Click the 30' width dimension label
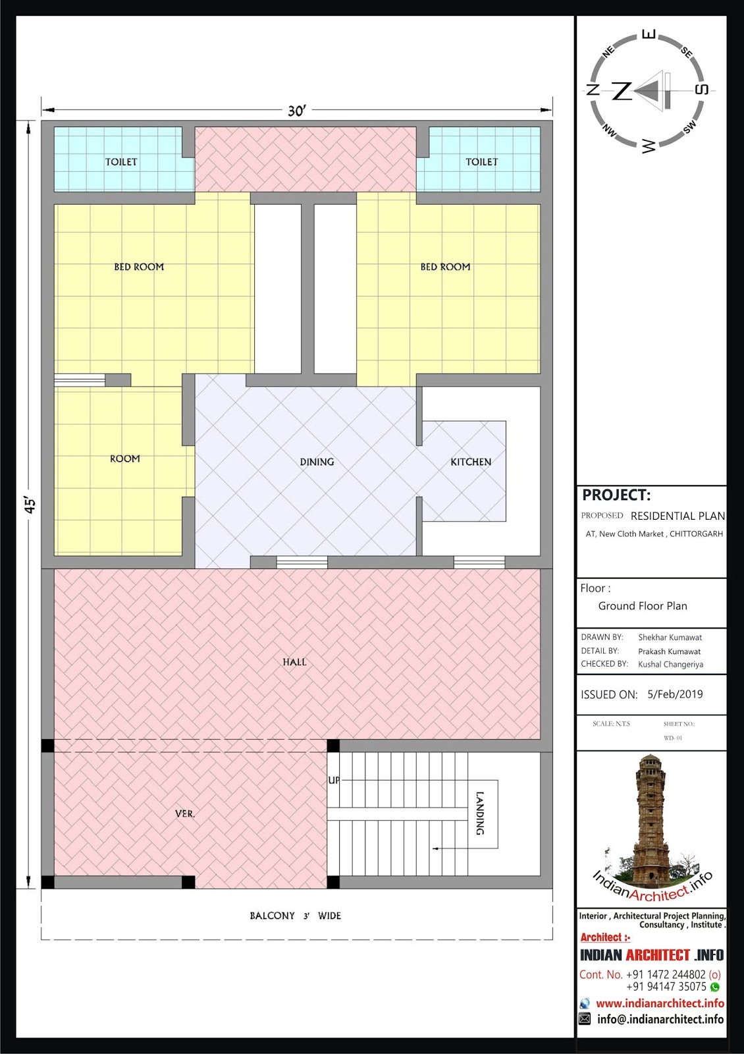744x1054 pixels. (x=297, y=111)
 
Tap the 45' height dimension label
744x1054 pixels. (x=30, y=504)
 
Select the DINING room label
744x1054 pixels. (x=317, y=462)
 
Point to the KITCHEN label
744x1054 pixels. (x=471, y=462)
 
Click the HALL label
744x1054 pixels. (x=294, y=662)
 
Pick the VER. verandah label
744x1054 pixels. (x=185, y=814)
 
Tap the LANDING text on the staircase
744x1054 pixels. (x=480, y=813)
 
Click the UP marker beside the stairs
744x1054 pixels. (x=333, y=780)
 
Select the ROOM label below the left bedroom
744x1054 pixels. (x=125, y=458)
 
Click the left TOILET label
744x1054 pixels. (x=121, y=162)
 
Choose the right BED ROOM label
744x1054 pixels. (x=445, y=267)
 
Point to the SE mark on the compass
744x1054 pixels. (x=687, y=53)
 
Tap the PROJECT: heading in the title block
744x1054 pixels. (x=616, y=495)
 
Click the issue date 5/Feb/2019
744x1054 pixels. (x=675, y=694)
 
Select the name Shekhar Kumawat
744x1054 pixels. (x=670, y=638)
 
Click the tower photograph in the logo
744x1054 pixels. (x=650, y=818)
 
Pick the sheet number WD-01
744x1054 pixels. (x=672, y=738)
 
